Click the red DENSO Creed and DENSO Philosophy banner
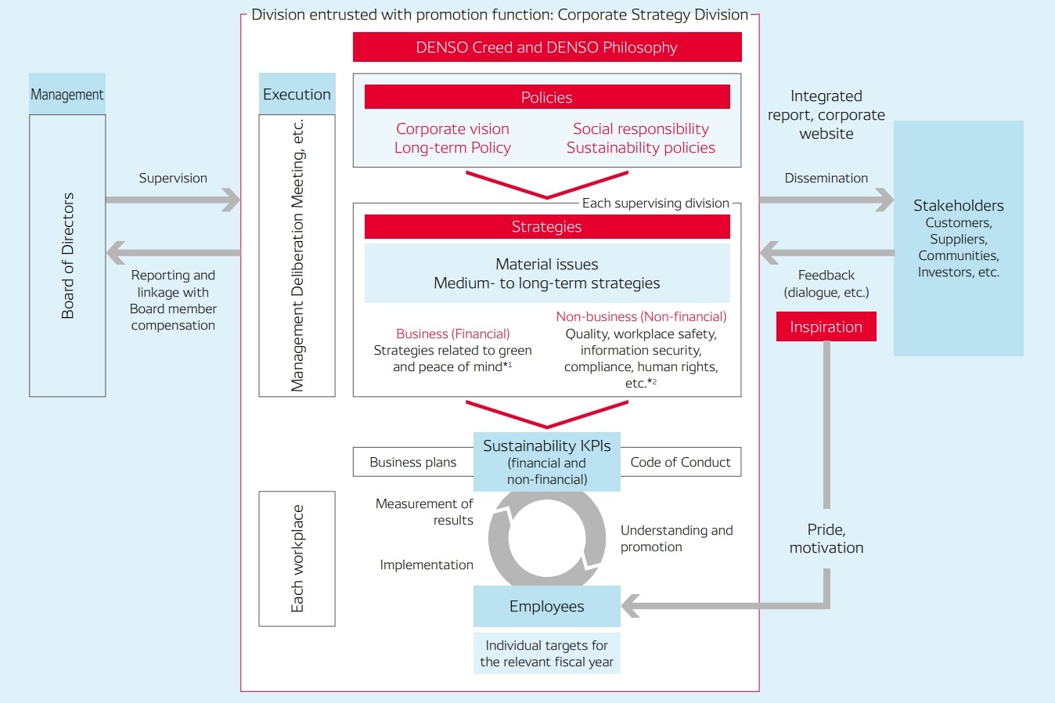tap(546, 47)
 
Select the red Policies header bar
tap(546, 97)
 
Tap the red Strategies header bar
tap(546, 226)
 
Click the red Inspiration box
tap(826, 326)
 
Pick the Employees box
tap(546, 606)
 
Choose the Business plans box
tap(412, 462)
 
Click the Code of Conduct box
tap(680, 462)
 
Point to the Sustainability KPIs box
tap(546, 461)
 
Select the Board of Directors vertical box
tap(67, 255)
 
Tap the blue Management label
tap(67, 94)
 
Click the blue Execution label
tap(297, 94)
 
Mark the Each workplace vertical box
tap(297, 558)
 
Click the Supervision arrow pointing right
tap(172, 200)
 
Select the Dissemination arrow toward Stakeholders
tap(826, 200)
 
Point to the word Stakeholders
tap(958, 205)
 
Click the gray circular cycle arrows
tap(546, 539)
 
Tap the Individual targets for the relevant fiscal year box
tap(546, 653)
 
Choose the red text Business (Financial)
tap(452, 333)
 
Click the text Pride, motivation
tap(826, 539)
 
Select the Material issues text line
tap(546, 264)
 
